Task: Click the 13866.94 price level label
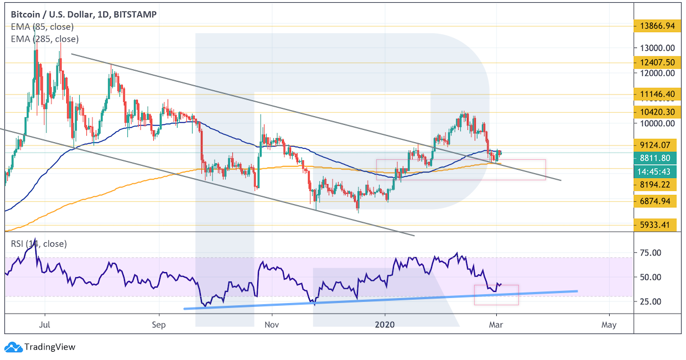(656, 25)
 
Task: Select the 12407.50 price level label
(656, 62)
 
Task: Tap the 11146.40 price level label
(656, 94)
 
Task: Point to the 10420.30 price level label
(656, 112)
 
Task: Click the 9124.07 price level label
(656, 145)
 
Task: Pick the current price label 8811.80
(656, 157)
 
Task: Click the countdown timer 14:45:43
(656, 171)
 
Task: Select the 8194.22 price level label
(656, 184)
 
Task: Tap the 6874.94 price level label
(656, 201)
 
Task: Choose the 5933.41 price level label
(656, 225)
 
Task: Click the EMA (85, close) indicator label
(42, 27)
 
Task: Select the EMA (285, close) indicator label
(44, 39)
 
